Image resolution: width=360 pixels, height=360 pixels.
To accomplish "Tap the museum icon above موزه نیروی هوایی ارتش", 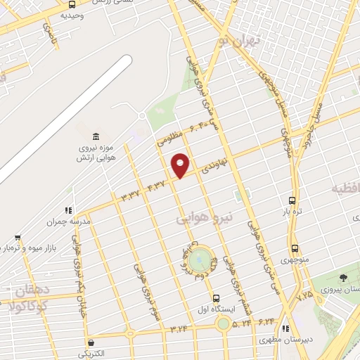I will pos(96,136).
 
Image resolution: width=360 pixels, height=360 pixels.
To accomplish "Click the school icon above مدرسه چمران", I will pos(68,210).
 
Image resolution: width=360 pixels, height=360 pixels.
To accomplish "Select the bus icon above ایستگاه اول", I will pos(217,297).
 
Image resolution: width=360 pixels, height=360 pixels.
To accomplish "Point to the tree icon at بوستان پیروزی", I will pos(342,278).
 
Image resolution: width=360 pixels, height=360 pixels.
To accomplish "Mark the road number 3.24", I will pos(179,327).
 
